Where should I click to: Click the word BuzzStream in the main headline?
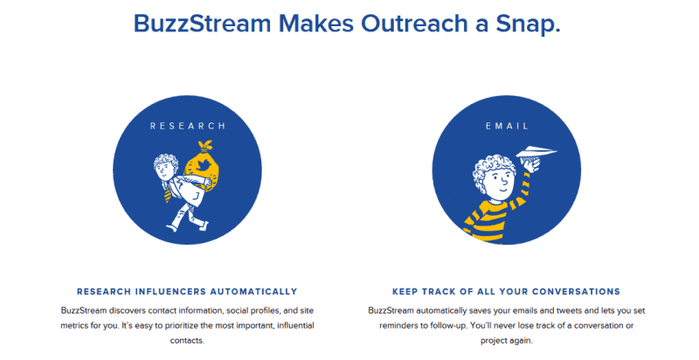point(203,24)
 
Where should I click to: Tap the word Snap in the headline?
point(529,24)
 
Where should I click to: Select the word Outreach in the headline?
point(414,24)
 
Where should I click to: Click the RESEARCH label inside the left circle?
point(188,126)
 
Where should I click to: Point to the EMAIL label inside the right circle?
point(507,126)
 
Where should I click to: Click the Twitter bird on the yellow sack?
point(203,164)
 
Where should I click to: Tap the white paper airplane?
point(536,152)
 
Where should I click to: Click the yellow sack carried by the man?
point(203,166)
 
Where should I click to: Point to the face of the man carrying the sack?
point(164,170)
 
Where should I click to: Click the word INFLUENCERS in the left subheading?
point(170,292)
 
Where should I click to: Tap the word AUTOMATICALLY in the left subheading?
point(253,292)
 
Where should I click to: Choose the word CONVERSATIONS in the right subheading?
point(576,292)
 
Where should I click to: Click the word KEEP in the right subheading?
point(405,292)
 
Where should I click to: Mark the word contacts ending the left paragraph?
point(187,341)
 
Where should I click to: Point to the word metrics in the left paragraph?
point(74,326)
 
